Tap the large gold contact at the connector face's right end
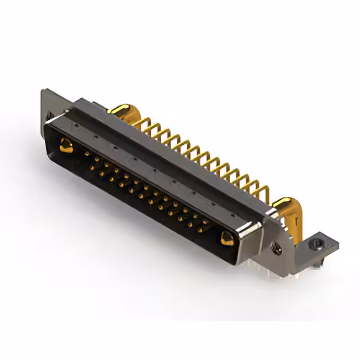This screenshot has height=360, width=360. [227, 238]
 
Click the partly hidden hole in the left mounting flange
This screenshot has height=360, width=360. [49, 116]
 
